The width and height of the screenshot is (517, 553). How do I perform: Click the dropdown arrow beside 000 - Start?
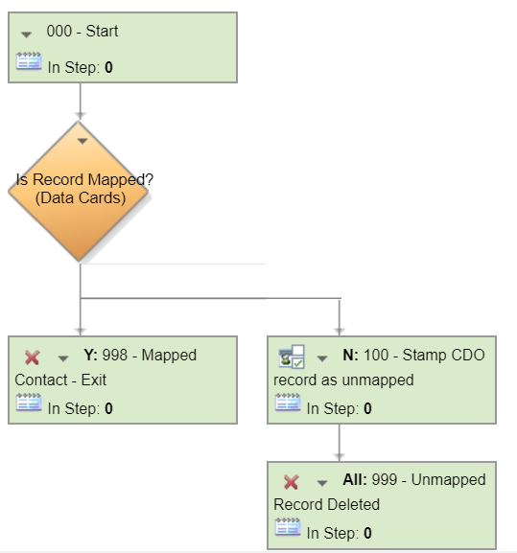point(27,35)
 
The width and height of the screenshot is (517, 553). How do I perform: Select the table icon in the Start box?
point(29,61)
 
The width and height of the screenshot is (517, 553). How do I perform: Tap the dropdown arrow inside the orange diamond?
point(82,141)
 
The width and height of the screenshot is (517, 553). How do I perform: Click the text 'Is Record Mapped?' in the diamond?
point(84,179)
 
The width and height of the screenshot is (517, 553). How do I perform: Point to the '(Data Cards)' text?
point(81,197)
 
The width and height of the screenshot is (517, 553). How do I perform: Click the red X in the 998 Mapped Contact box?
point(32,357)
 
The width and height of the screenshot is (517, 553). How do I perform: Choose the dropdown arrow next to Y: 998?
point(63,358)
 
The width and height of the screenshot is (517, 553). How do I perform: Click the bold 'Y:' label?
point(91,355)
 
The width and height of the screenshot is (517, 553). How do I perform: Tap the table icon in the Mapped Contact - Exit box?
point(29,403)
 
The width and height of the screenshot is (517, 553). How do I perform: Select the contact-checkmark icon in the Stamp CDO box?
point(292,357)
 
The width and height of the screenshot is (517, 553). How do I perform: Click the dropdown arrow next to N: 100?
point(322,358)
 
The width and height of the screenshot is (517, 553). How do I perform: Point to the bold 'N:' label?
point(350,355)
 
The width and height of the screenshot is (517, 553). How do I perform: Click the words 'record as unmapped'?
point(343,380)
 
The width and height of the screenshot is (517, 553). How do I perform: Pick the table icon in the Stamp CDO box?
point(288,403)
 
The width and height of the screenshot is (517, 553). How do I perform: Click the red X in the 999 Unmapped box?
point(292,482)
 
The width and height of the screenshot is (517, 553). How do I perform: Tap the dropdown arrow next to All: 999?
point(322,483)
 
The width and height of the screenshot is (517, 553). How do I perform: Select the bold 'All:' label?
point(355,479)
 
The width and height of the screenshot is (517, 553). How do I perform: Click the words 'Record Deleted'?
point(327,505)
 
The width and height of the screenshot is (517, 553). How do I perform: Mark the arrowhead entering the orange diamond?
point(81,116)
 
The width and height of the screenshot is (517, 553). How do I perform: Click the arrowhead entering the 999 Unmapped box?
point(340,457)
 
